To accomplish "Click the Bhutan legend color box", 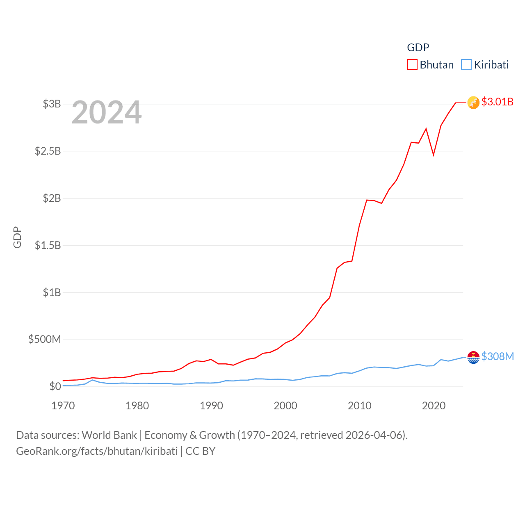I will [412, 65].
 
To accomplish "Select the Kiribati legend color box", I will [466, 65].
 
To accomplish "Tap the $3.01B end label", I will [497, 102].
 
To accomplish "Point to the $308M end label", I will [498, 356].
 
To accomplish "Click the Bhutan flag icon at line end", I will [473, 103].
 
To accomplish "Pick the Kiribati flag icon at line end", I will [473, 357].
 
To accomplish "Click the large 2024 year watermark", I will [107, 112].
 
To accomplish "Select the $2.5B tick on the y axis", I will [48, 151].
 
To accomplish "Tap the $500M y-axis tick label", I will [44, 339].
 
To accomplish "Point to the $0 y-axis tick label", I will [55, 386].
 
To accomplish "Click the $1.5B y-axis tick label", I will [48, 245].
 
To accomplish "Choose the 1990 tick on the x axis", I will [211, 406].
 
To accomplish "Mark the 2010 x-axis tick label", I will [359, 406].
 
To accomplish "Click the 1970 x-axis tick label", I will [63, 406].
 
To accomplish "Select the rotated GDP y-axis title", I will [17, 237].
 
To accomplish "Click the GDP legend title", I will [418, 48].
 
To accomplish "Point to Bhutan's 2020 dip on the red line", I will [434, 155].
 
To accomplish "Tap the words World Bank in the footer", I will [109, 435].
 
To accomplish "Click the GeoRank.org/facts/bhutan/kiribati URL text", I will [97, 451].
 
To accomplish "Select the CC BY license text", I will [200, 451].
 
